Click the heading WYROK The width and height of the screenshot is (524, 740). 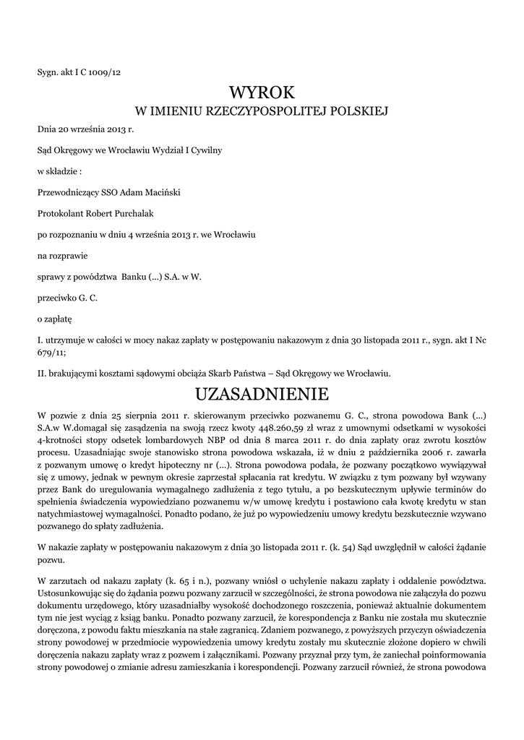click(262, 92)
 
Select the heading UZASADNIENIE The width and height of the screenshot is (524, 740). click(262, 395)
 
